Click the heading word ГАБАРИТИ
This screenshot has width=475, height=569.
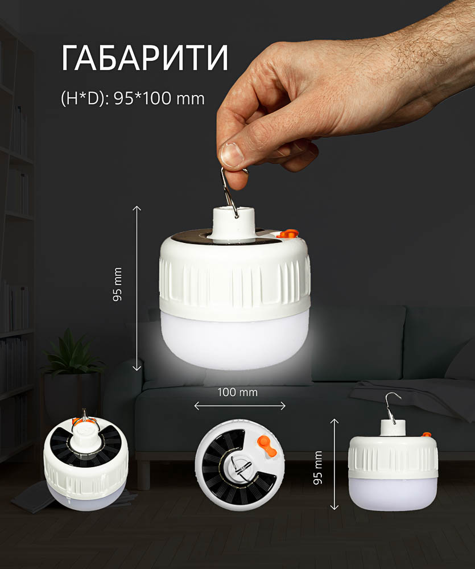tap(145, 57)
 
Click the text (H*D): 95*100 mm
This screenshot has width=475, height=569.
tap(133, 98)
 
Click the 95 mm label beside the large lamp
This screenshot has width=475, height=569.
tap(117, 284)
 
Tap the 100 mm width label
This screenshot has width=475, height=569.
tap(238, 392)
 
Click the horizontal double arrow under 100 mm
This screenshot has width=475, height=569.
tap(240, 406)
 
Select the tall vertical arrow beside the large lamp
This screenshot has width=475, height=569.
tap(137, 288)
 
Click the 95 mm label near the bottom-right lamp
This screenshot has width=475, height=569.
tap(318, 468)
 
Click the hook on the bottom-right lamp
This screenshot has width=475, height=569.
tap(393, 406)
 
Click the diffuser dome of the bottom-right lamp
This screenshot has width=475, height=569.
tap(393, 493)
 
